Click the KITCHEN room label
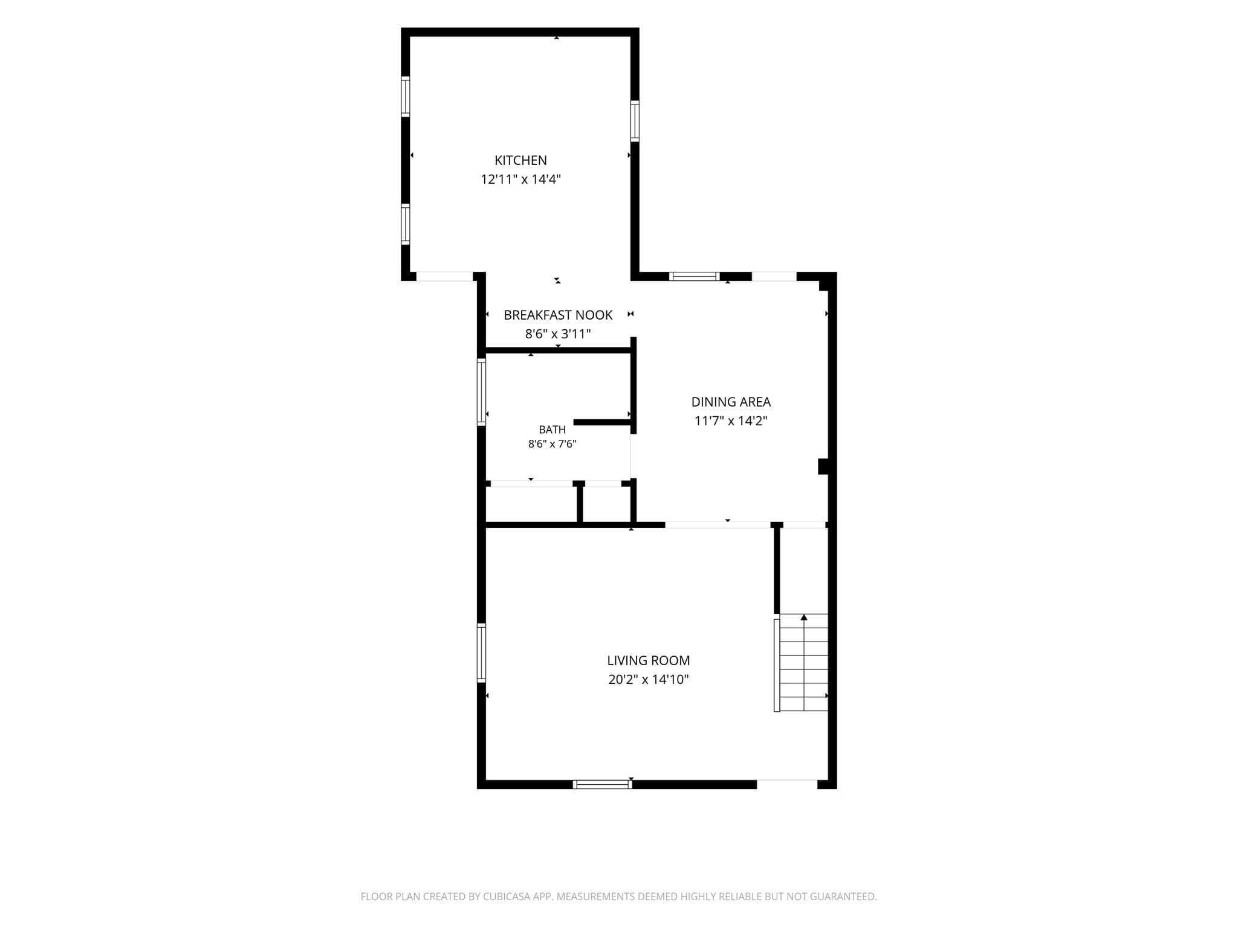point(520,160)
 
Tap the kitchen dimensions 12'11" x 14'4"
point(520,179)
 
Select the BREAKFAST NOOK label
point(558,315)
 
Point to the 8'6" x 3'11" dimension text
point(558,334)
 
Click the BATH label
point(553,430)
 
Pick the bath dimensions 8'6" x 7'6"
point(553,444)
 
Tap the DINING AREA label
point(731,402)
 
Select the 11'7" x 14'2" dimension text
point(731,421)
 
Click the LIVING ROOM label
point(649,660)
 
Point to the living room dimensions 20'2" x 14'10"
point(649,680)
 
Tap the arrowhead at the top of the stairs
point(804,617)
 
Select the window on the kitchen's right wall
point(635,121)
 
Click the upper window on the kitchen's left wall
point(406,97)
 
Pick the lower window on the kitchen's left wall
point(406,224)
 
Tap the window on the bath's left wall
point(482,392)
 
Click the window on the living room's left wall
point(482,653)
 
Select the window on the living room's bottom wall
point(603,784)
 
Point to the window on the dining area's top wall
point(695,277)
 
